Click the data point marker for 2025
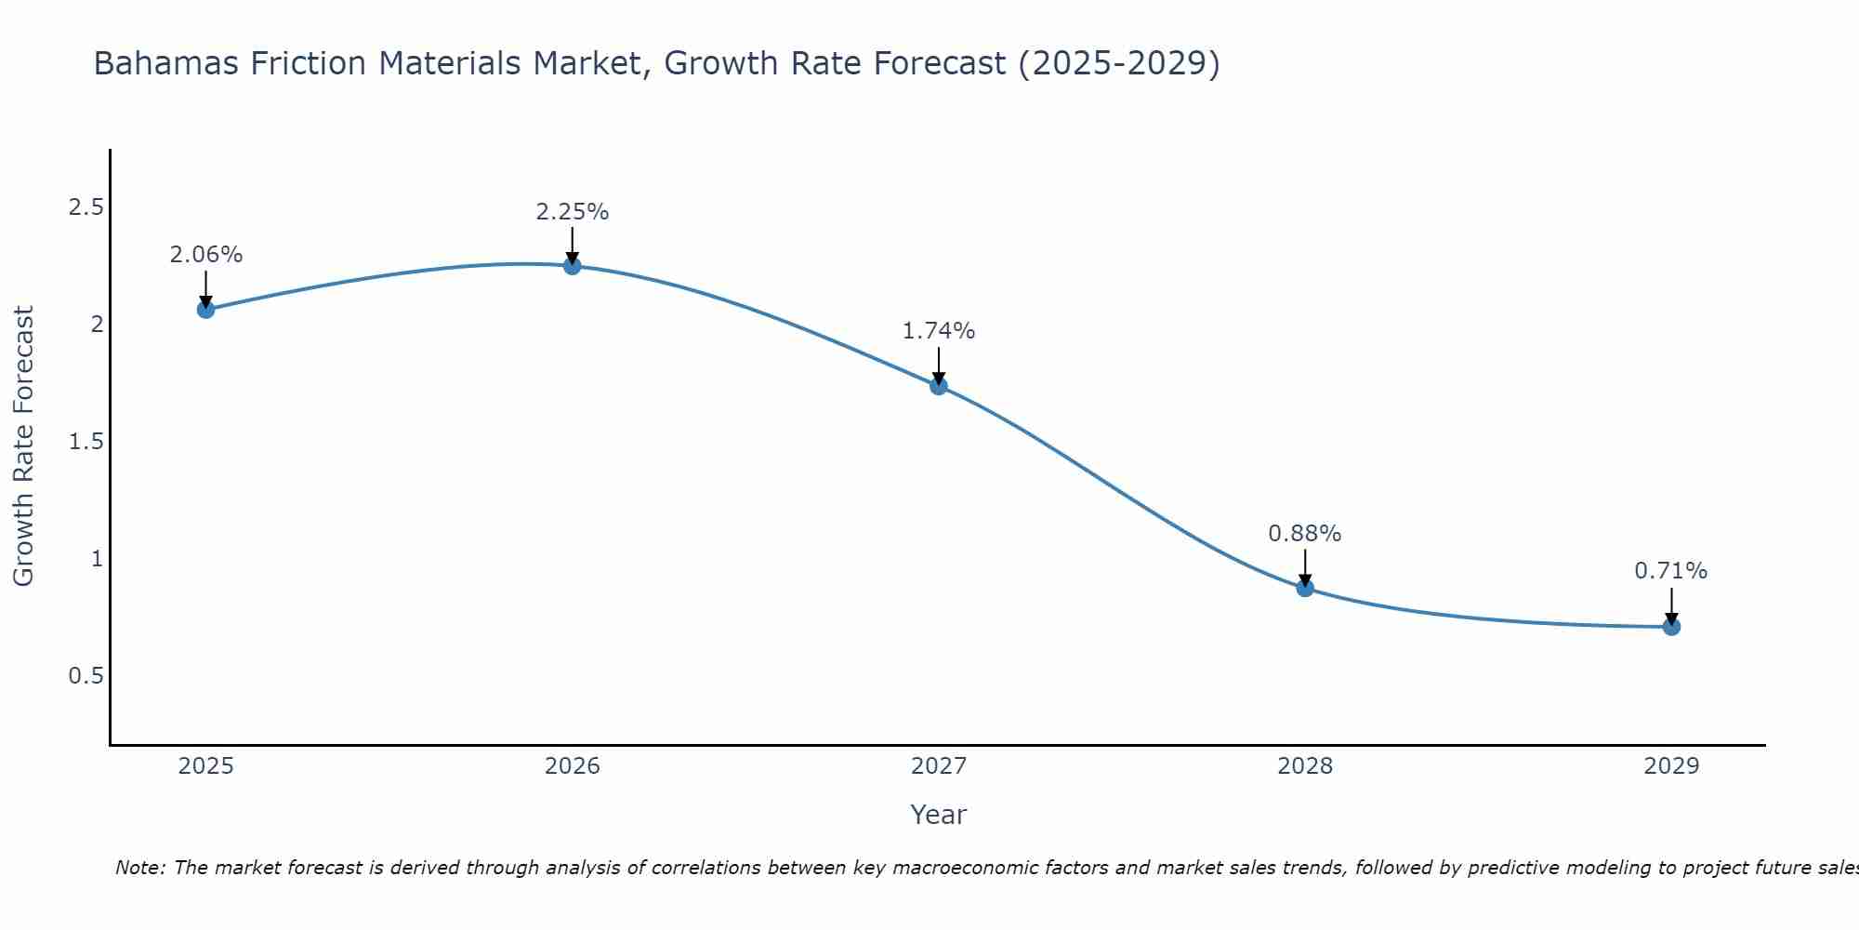(x=206, y=310)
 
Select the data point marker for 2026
(x=573, y=266)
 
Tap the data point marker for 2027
(x=939, y=386)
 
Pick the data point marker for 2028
(x=1305, y=588)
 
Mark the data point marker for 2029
(x=1671, y=627)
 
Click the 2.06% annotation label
(x=206, y=255)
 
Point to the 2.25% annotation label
(x=573, y=212)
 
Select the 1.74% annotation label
(x=939, y=331)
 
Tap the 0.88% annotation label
(x=1305, y=534)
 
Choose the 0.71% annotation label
(x=1671, y=571)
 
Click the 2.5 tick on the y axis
(x=86, y=207)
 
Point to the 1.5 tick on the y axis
(x=86, y=442)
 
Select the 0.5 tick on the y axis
(x=86, y=676)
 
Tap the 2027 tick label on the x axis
(x=939, y=766)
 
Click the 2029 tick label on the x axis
(x=1671, y=766)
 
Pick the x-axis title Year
(x=939, y=815)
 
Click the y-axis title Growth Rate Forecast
(x=23, y=446)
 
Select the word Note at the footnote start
(x=139, y=868)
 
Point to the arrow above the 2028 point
(x=1305, y=565)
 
